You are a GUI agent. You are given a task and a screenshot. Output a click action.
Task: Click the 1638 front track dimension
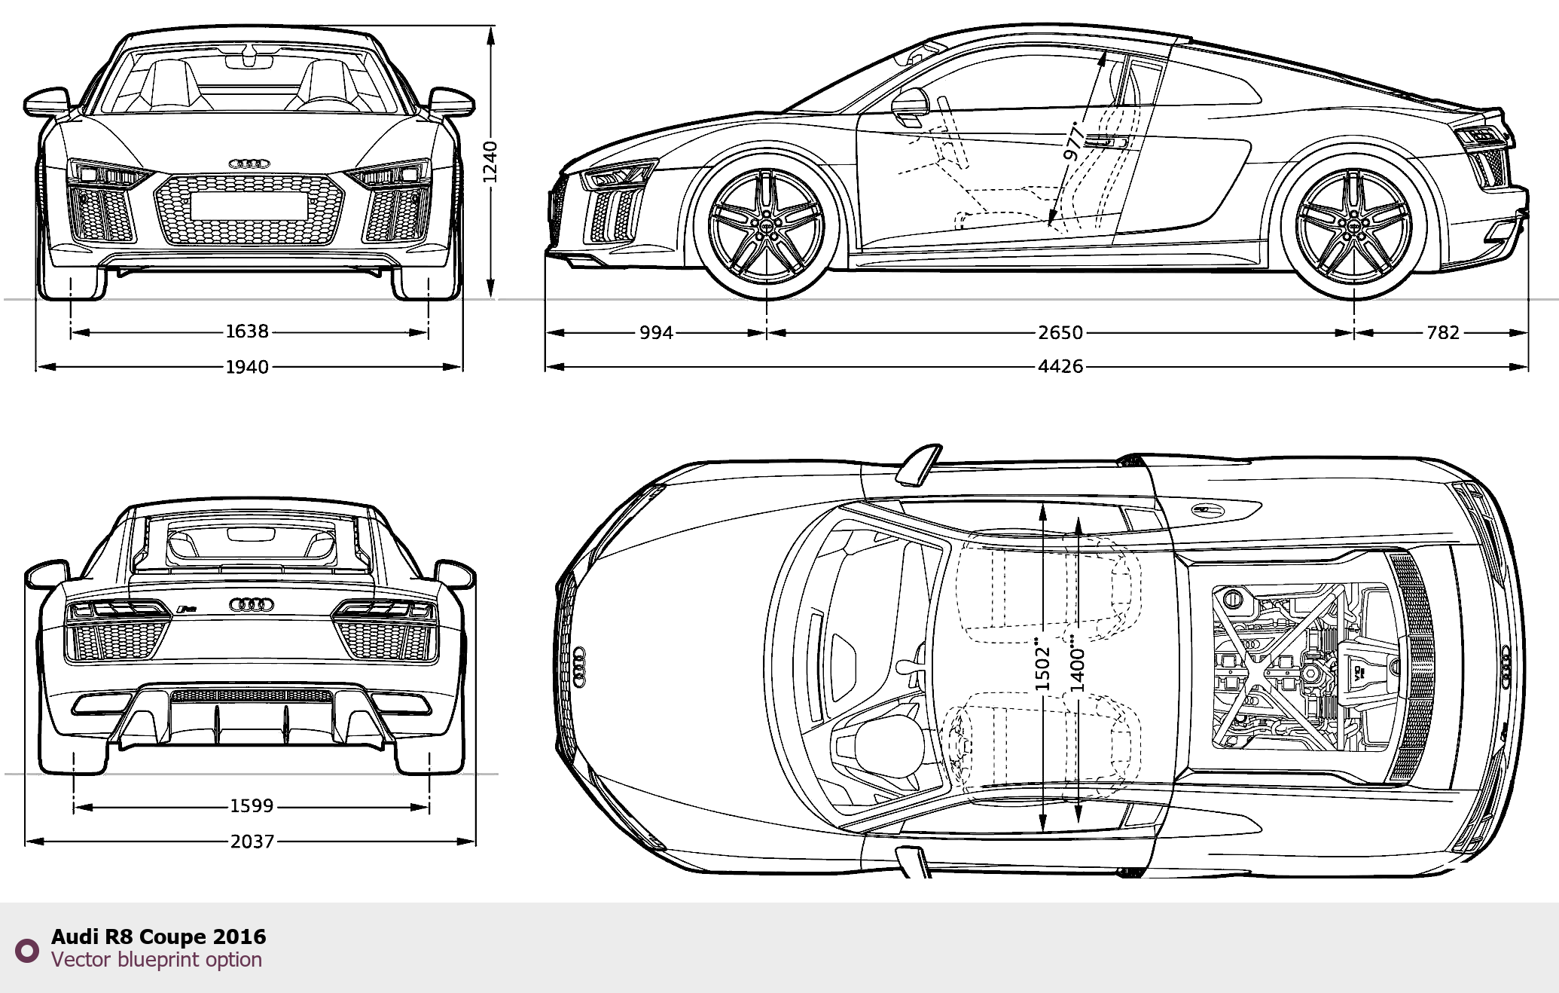[x=247, y=332]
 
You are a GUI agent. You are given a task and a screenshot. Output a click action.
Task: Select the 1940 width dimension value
[x=247, y=367]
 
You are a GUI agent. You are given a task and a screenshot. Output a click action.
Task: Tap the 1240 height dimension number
[x=490, y=162]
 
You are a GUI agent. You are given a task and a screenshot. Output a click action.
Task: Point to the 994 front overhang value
[x=656, y=332]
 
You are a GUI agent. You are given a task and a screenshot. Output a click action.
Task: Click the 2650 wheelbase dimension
[x=1060, y=332]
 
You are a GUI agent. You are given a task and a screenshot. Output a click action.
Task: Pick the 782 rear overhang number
[x=1443, y=332]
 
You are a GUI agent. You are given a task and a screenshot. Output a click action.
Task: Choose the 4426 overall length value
[x=1060, y=367]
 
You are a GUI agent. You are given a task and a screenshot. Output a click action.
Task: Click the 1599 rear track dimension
[x=252, y=806]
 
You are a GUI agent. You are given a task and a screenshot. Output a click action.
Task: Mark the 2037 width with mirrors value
[x=252, y=841]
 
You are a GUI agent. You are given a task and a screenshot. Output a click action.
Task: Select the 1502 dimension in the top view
[x=1042, y=666]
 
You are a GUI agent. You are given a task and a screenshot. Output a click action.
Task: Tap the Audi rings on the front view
[x=249, y=163]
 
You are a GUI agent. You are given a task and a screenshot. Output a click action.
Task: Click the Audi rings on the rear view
[x=251, y=603]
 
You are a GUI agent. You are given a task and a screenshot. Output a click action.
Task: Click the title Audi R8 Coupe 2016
[x=159, y=936]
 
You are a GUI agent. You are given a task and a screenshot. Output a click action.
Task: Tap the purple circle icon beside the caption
[x=27, y=950]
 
